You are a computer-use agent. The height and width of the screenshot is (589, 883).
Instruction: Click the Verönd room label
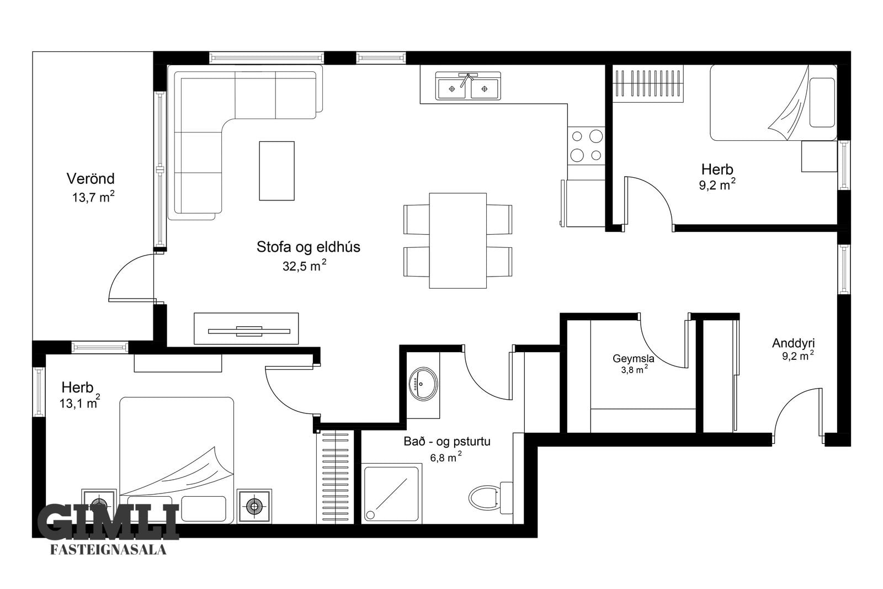pos(91,179)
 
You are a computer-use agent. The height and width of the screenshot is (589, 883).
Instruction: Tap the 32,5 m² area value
pos(304,266)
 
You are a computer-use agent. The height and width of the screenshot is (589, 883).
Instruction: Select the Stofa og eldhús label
pos(308,247)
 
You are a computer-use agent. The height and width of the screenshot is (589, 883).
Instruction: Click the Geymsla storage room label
pos(633,359)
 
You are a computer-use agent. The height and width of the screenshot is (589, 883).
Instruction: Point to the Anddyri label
pos(793,343)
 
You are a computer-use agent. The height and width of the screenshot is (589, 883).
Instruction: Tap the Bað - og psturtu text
pos(447,442)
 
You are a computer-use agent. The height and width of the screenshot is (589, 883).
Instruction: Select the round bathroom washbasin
pos(423,384)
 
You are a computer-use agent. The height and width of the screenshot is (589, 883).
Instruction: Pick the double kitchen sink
pos(468,86)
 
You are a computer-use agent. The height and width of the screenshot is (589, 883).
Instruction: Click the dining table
pos(458,241)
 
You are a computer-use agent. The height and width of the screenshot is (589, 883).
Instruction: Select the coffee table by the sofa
pos(276,171)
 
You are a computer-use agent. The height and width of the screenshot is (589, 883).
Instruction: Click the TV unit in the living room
pos(246,328)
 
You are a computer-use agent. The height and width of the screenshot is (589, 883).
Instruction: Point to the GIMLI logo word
pos(108,521)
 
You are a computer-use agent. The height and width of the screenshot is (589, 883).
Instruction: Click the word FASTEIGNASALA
pos(108,550)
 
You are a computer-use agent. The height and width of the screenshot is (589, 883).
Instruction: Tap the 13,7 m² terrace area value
pos(93,197)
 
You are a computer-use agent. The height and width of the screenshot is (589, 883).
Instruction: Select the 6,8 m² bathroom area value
pos(446,457)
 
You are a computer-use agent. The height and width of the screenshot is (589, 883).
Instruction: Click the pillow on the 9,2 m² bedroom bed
pos(822,103)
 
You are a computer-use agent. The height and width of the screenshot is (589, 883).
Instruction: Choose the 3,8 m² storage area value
pos(635,369)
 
